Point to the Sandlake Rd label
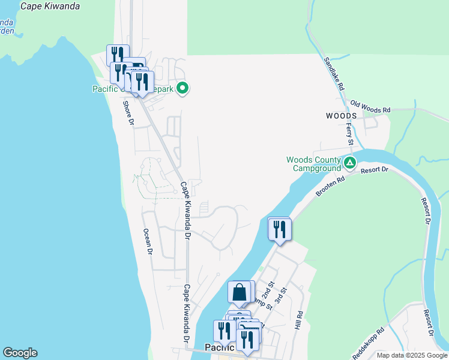click(334, 74)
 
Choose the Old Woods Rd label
click(370, 106)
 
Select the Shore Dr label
click(127, 112)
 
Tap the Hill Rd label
click(298, 320)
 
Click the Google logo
click(20, 353)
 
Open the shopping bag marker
click(239, 292)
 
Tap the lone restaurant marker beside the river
click(279, 229)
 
